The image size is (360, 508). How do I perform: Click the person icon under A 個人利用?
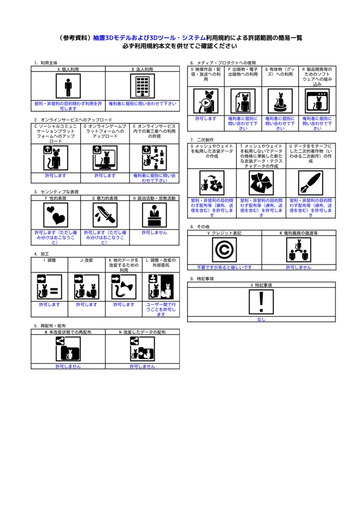tap(68, 87)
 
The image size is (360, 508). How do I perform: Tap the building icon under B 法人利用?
tap(143, 87)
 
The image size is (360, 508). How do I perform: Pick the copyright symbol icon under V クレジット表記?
tap(224, 250)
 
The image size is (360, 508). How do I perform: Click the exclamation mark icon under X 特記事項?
tap(261, 302)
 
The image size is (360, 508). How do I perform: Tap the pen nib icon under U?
tap(310, 183)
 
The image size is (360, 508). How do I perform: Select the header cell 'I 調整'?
tap(50, 260)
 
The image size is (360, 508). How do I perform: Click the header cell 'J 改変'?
tap(87, 260)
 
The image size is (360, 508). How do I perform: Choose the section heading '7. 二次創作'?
tap(199, 140)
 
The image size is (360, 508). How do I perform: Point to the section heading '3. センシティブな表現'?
tap(56, 191)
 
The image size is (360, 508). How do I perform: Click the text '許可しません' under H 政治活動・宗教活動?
tap(154, 232)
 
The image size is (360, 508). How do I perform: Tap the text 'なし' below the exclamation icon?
tap(261, 319)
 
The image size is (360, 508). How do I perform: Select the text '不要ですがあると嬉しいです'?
tap(224, 267)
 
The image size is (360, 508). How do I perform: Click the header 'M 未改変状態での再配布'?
tap(68, 331)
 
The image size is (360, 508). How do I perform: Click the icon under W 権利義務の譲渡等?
tap(298, 250)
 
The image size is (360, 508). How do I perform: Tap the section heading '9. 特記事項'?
tap(202, 279)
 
